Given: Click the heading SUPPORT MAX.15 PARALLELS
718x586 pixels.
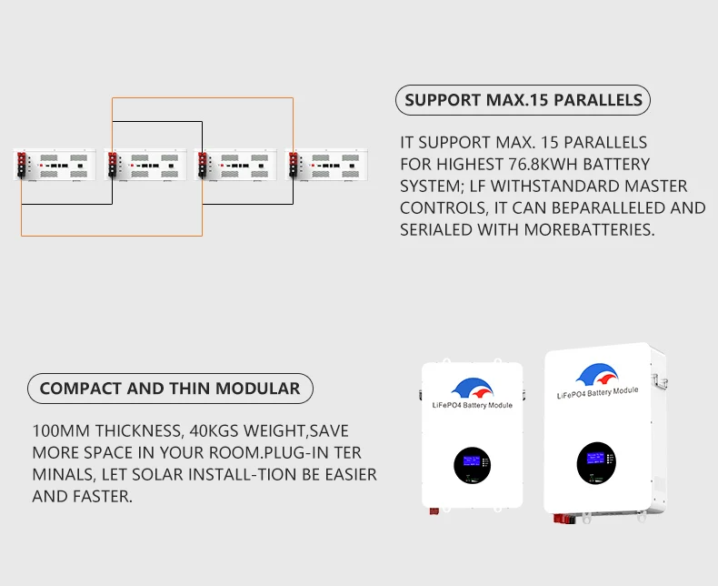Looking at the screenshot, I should click(x=523, y=100).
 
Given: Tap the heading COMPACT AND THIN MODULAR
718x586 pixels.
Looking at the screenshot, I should click(x=170, y=389).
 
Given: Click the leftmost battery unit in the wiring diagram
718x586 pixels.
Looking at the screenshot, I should click(x=56, y=166).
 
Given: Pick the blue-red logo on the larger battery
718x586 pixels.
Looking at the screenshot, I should click(x=596, y=373).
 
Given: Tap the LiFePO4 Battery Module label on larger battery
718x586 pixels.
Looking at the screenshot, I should click(x=597, y=392).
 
